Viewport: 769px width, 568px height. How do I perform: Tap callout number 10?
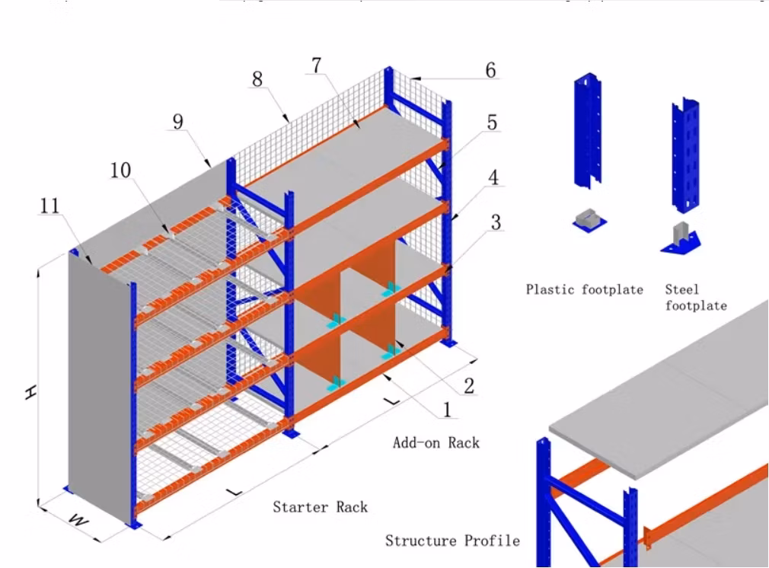[120, 171]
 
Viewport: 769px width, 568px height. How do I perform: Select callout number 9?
[178, 122]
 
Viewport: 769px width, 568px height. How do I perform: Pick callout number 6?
[490, 70]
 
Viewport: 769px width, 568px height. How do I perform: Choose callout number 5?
[492, 122]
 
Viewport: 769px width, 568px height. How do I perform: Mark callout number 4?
[493, 177]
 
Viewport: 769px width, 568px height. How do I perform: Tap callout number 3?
[496, 222]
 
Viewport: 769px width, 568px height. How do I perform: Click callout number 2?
[469, 385]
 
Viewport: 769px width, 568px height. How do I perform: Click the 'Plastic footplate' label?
[584, 289]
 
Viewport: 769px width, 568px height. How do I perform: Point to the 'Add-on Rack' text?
[436, 442]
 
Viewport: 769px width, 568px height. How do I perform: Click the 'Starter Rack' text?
[320, 506]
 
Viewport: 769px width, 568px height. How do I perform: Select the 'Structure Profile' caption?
[452, 541]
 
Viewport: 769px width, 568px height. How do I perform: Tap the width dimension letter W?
[77, 520]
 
